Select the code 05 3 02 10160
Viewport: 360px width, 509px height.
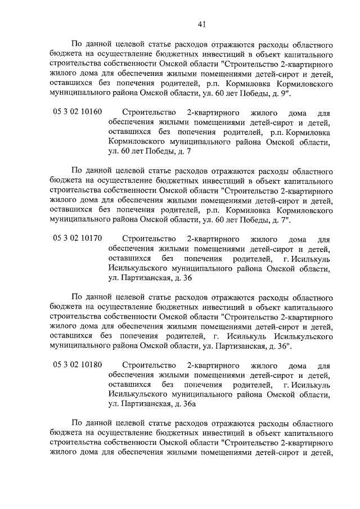(x=78, y=112)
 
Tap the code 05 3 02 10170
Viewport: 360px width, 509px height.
(x=78, y=238)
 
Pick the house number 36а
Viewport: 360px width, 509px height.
(x=187, y=403)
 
